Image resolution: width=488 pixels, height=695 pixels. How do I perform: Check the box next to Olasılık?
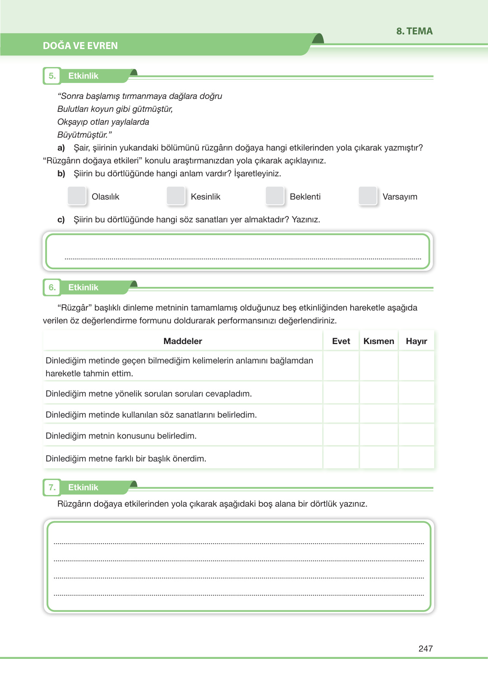77,196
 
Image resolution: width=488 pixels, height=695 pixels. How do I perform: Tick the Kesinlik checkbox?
176,196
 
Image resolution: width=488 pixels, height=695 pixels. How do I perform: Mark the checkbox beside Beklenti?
275,196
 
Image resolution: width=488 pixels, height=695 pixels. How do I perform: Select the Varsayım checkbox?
368,196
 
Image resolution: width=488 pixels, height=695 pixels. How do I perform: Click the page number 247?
425,649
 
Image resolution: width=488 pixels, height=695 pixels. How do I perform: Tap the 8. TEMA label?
414,31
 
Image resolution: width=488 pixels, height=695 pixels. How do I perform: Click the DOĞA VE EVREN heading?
80,46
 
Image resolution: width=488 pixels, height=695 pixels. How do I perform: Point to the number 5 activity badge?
52,76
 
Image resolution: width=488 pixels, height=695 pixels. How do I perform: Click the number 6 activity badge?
52,287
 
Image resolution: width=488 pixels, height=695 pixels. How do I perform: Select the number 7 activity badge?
52,487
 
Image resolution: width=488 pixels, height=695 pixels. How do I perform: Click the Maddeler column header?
182,341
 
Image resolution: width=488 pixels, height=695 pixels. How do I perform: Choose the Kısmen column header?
379,341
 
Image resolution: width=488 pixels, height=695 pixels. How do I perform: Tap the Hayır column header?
416,341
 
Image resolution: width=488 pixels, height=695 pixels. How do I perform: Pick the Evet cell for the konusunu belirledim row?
341,436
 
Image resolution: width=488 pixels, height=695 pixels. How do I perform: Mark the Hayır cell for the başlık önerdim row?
416,458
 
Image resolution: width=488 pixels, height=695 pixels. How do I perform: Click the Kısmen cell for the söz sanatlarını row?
379,415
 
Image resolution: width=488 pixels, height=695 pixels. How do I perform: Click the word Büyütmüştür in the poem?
82,135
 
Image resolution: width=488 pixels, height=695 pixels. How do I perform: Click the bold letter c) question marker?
61,220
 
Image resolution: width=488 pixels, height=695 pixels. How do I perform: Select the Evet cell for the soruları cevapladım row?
341,394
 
